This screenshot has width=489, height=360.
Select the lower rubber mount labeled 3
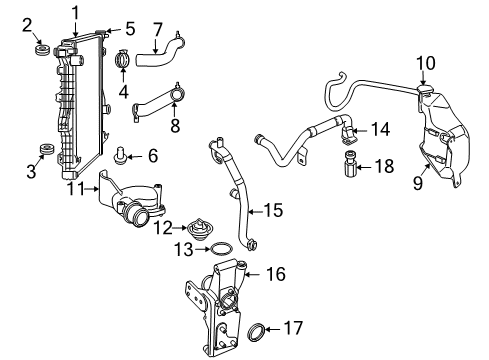pyautogui.click(x=42, y=152)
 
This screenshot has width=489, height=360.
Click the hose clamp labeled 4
pyautogui.click(x=123, y=61)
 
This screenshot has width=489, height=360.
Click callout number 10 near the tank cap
pyautogui.click(x=426, y=63)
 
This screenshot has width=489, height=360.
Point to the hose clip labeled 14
pyautogui.click(x=349, y=131)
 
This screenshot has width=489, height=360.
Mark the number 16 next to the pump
pyautogui.click(x=275, y=273)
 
